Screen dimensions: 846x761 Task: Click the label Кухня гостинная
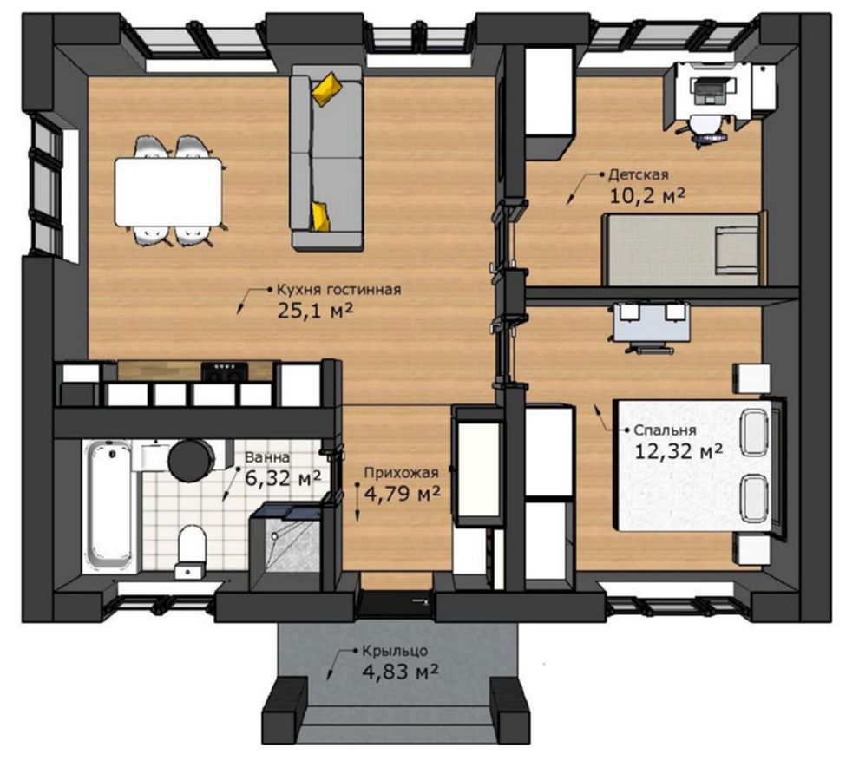coord(338,289)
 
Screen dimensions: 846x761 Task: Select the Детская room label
coord(639,175)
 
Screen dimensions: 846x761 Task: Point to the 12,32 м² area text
coord(679,450)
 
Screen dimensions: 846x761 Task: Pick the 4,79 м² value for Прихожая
coord(402,493)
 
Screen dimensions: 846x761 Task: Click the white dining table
coord(168,192)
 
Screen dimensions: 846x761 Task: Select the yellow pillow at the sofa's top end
coord(327,89)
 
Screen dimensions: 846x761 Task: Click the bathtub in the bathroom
coord(109,505)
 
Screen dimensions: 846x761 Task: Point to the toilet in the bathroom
coord(192,544)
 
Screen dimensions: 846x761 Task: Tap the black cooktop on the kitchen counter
coord(225,371)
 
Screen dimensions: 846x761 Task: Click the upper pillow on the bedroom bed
coord(754,433)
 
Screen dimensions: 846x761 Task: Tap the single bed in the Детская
coord(684,249)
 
